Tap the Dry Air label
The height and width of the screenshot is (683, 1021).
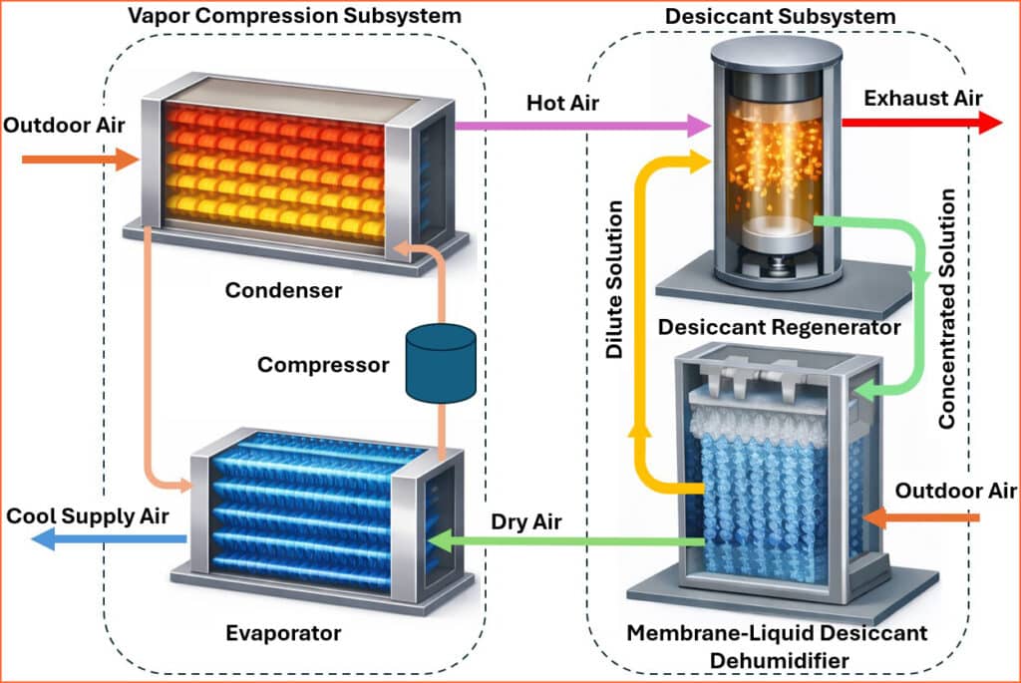[526, 521]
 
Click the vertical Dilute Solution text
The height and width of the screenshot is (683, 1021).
[615, 280]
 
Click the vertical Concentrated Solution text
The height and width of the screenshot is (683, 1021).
[947, 309]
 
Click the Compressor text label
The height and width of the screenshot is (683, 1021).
[323, 365]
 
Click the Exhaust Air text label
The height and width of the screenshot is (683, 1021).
[922, 98]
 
